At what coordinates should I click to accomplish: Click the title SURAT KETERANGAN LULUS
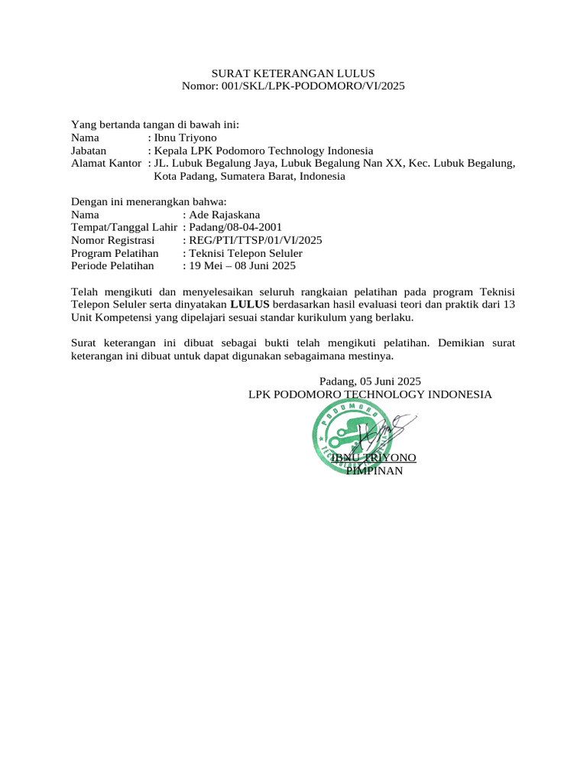coord(293,73)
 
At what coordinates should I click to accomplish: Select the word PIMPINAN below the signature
coord(374,470)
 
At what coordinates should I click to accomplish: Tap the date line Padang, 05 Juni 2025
coord(370,381)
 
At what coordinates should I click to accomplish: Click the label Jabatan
coord(88,151)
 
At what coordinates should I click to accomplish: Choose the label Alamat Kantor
coord(106,164)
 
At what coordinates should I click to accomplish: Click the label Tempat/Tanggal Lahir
coord(124,227)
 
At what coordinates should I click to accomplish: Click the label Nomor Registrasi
coord(112,240)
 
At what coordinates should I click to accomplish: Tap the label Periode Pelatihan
coord(112,265)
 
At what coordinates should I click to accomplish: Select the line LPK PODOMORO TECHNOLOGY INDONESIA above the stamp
coord(370,394)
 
